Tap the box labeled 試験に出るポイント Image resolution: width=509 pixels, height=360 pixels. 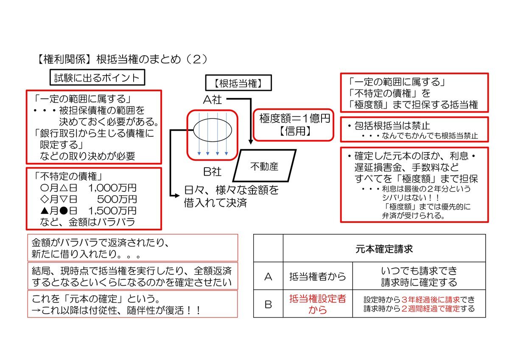[x=97, y=78]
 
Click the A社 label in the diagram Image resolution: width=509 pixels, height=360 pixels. [x=213, y=100]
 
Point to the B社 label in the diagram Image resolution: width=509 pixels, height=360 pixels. [x=212, y=172]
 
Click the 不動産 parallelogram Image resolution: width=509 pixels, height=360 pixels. [x=264, y=166]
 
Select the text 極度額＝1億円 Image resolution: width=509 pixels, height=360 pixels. [x=295, y=118]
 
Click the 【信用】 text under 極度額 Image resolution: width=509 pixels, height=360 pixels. [x=295, y=131]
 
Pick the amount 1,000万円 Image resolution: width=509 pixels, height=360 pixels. [x=112, y=188]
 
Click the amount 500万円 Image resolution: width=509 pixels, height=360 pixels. [x=117, y=199]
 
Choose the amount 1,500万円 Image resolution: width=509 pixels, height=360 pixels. [x=112, y=211]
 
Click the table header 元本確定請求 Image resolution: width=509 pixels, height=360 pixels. [x=384, y=249]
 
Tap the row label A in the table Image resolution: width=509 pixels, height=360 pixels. [x=268, y=276]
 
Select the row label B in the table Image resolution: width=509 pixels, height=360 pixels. [x=268, y=304]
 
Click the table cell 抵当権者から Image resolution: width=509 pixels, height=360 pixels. [x=318, y=276]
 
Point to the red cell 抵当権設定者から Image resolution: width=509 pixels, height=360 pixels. [x=318, y=304]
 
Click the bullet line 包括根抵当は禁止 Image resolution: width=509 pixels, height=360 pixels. [x=389, y=126]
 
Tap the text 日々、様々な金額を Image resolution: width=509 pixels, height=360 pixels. [x=231, y=190]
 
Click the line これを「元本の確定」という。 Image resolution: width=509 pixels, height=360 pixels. [x=96, y=298]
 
